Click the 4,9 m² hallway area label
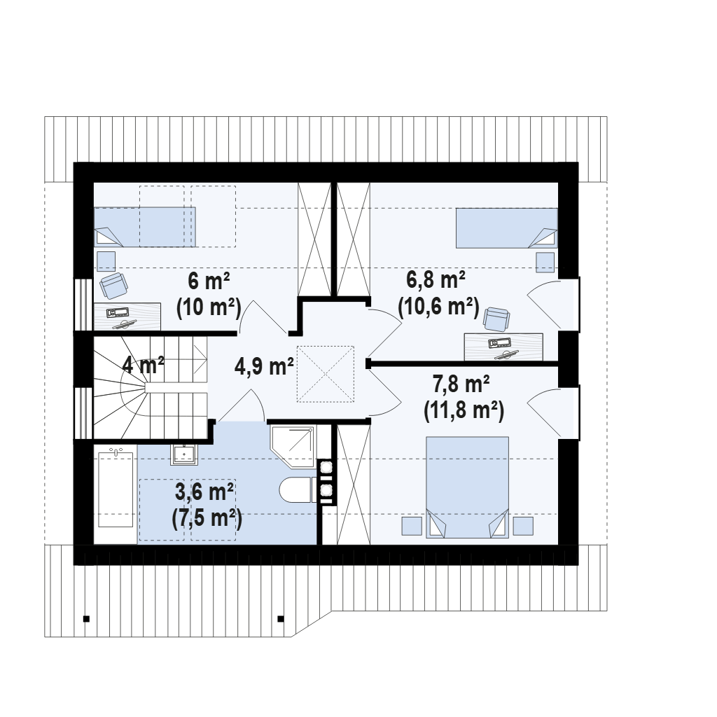pos(264,366)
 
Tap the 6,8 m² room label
pos(436,279)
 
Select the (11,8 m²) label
pos(464,410)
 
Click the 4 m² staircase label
pos(143,365)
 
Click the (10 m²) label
pos(209,308)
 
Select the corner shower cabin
pos(293,447)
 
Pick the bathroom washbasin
pos(184,454)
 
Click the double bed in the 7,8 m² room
pos(467,487)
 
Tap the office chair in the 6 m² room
pos(113,286)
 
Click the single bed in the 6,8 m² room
pos(507,228)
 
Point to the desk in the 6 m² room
pos(127,316)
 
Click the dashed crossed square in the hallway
pos(326,374)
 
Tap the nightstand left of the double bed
pos(412,526)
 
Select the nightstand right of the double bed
pos(523,526)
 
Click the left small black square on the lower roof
pos(86,619)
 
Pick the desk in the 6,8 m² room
pos(503,347)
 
